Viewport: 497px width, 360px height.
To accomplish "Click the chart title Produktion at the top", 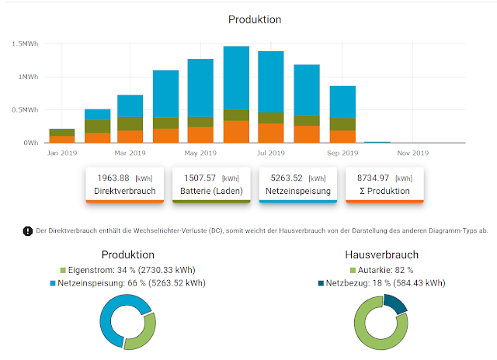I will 255,19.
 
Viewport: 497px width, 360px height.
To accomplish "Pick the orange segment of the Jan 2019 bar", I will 62,140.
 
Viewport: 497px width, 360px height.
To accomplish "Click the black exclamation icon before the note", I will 28,230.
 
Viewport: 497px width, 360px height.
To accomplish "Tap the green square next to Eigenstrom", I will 64,270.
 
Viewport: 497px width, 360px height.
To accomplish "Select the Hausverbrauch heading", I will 381,254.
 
